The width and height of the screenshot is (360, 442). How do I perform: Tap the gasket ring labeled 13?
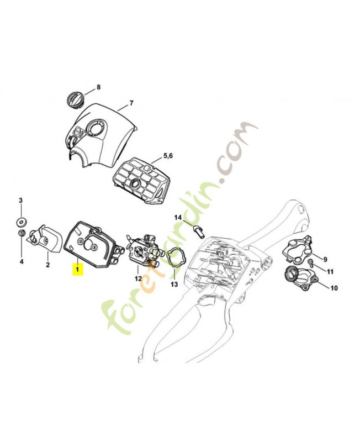pyautogui.click(x=176, y=258)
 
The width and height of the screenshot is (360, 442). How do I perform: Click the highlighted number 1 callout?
pyautogui.click(x=78, y=270)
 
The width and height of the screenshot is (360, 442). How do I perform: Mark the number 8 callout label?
pyautogui.click(x=99, y=87)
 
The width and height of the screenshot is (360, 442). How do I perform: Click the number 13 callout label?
pyautogui.click(x=174, y=285)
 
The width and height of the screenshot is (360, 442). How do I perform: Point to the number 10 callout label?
pyautogui.click(x=334, y=288)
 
